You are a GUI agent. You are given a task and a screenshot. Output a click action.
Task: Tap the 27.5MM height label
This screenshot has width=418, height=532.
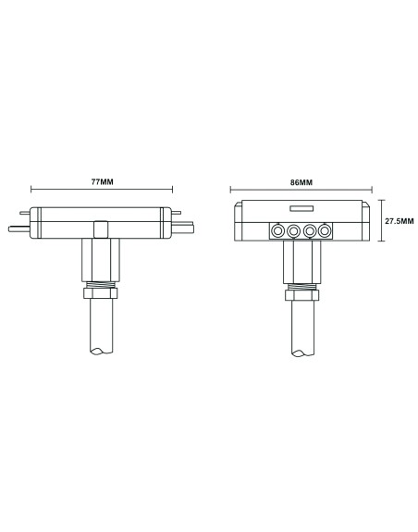coord(399,221)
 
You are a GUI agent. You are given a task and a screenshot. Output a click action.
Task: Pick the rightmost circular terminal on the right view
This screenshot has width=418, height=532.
coord(324,231)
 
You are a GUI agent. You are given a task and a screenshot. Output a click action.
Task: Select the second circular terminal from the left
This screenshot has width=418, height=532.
coord(293,231)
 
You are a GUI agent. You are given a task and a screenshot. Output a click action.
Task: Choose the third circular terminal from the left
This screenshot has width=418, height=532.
coord(309,231)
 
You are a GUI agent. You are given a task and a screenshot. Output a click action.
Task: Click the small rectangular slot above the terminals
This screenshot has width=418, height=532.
coord(302,210)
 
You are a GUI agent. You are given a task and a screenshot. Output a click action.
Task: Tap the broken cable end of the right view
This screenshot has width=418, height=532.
coord(303,352)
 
